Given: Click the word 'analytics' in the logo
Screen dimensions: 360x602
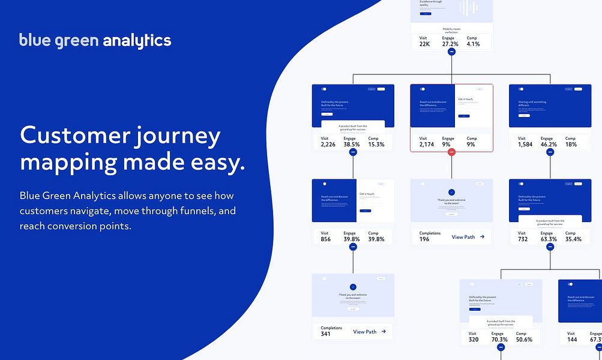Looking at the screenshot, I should coord(137,41).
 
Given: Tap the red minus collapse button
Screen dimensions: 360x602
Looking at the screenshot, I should coord(451,152).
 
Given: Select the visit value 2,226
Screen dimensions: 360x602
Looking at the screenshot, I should coord(328,145).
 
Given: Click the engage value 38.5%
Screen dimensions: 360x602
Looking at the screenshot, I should coord(352,145).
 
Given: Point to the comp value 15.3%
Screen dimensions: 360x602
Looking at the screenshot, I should coord(376,145).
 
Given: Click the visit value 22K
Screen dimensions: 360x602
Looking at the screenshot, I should coord(424,44).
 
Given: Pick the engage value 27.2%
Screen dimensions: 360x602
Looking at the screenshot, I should coord(450,44).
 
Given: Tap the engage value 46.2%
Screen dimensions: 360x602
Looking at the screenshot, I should coord(549,145).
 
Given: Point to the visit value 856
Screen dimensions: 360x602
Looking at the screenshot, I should coord(325,239).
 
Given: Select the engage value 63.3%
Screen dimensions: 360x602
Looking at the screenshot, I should coord(549,239).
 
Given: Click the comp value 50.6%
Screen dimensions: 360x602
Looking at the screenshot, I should coord(524,340).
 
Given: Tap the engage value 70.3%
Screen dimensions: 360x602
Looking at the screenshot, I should coord(499,340).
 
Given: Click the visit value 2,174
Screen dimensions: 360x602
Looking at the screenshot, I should coord(426,145).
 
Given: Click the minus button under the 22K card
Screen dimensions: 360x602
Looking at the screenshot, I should coord(451,52).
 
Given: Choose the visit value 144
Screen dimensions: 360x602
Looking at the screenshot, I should coord(572,340).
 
